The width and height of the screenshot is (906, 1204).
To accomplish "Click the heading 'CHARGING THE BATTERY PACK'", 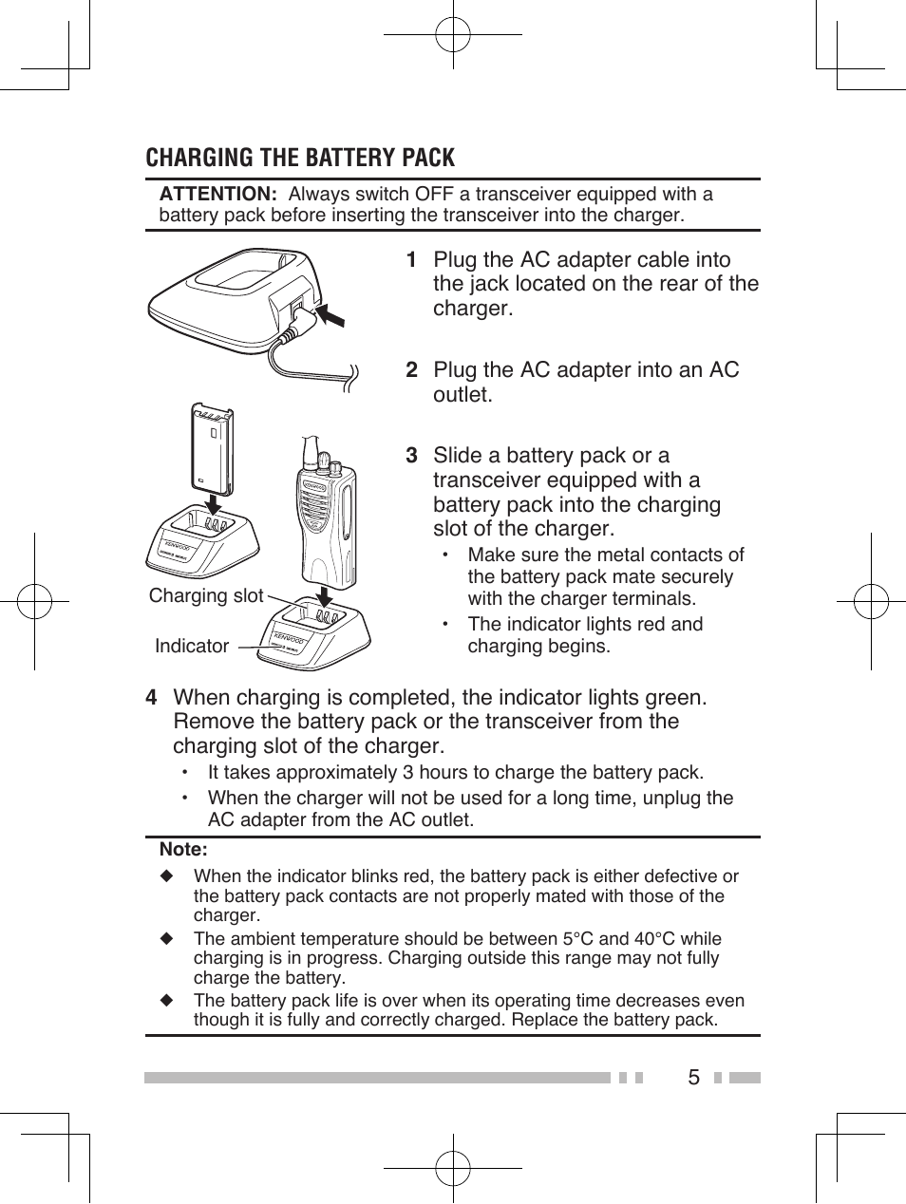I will click(300, 158).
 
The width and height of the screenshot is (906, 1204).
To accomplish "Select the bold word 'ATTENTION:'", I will click(217, 195).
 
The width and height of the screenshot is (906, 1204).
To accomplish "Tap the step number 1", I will click(411, 260).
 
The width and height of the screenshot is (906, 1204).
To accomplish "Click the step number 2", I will click(411, 370).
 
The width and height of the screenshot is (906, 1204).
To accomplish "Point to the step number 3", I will click(411, 456).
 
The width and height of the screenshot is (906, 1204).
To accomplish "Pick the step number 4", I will click(151, 698).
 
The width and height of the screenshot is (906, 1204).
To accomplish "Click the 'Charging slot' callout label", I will click(206, 595).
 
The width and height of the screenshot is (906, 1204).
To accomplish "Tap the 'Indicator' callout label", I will click(192, 646).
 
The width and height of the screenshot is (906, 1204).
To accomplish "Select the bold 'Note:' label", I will click(183, 850).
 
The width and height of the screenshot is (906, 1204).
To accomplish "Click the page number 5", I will click(693, 1078).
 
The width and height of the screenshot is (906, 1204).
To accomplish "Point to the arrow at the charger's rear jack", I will click(331, 313).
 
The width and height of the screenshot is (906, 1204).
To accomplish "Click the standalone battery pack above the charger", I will click(212, 443).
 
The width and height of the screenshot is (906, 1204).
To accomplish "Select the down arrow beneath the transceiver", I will click(326, 596).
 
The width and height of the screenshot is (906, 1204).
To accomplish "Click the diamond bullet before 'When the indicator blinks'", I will click(167, 875).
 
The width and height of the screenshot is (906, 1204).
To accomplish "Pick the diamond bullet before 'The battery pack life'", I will click(167, 1001).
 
